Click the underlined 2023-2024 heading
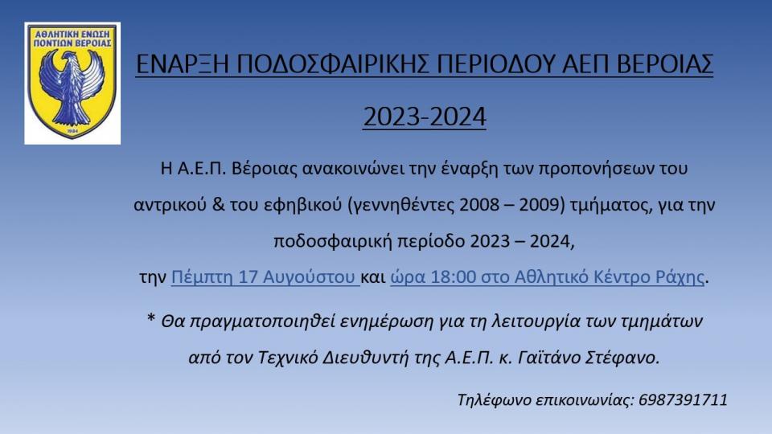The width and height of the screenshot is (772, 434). [x=425, y=117]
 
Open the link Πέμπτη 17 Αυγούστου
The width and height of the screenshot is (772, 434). [x=264, y=278]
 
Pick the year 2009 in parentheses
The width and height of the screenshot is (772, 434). [x=537, y=205]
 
